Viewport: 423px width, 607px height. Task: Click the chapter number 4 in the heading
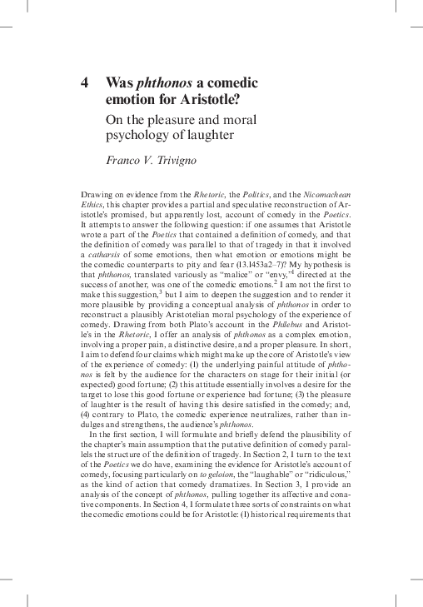click(x=84, y=83)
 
